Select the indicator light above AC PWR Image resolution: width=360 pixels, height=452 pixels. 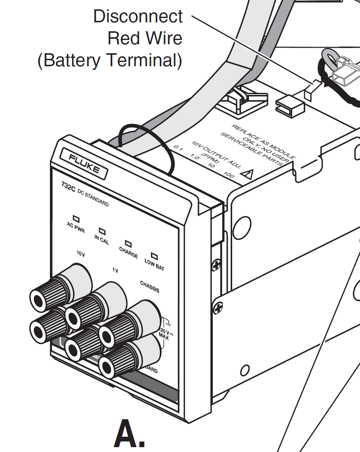point(76,220)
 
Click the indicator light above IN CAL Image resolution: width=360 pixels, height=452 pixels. point(102,231)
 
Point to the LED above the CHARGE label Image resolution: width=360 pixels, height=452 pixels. point(129,243)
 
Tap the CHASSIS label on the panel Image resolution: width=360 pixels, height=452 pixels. point(149,286)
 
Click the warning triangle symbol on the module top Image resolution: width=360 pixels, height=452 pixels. point(246,174)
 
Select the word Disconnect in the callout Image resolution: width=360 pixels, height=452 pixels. point(138,17)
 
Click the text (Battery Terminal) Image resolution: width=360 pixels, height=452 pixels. point(110,61)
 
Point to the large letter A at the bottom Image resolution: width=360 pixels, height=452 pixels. point(129,434)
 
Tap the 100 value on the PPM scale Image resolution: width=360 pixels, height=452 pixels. point(228,174)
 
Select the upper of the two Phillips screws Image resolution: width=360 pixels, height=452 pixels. point(217,265)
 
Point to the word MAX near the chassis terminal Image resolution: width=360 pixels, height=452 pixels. point(163,337)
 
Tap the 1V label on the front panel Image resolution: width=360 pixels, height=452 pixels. point(116,271)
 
